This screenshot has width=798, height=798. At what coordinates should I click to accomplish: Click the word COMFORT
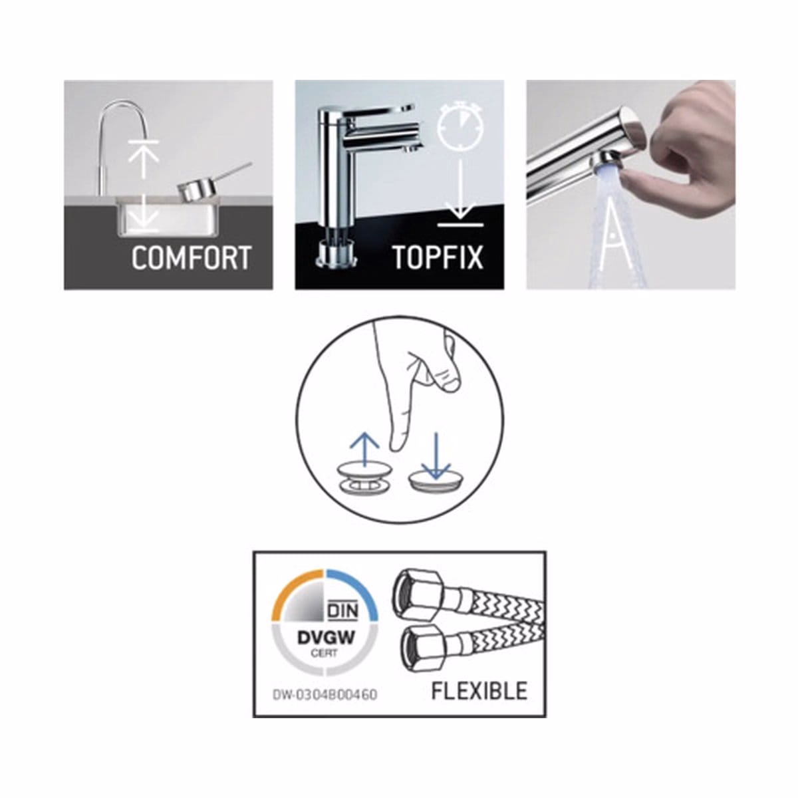pos(192,257)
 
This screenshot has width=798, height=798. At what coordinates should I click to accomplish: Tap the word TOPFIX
pos(438,257)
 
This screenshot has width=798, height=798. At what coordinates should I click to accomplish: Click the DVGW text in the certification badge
pos(325,637)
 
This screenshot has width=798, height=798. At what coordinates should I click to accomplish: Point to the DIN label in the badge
pos(342,610)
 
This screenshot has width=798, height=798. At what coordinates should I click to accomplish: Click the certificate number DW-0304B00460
pos(325,694)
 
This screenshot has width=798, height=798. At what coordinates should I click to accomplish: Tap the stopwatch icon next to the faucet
pos(460,124)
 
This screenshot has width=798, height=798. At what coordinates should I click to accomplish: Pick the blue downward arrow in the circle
pos(435,456)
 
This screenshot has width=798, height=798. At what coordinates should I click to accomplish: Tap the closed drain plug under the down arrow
pos(435,482)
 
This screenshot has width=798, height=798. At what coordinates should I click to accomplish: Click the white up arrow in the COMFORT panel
pos(143,162)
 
